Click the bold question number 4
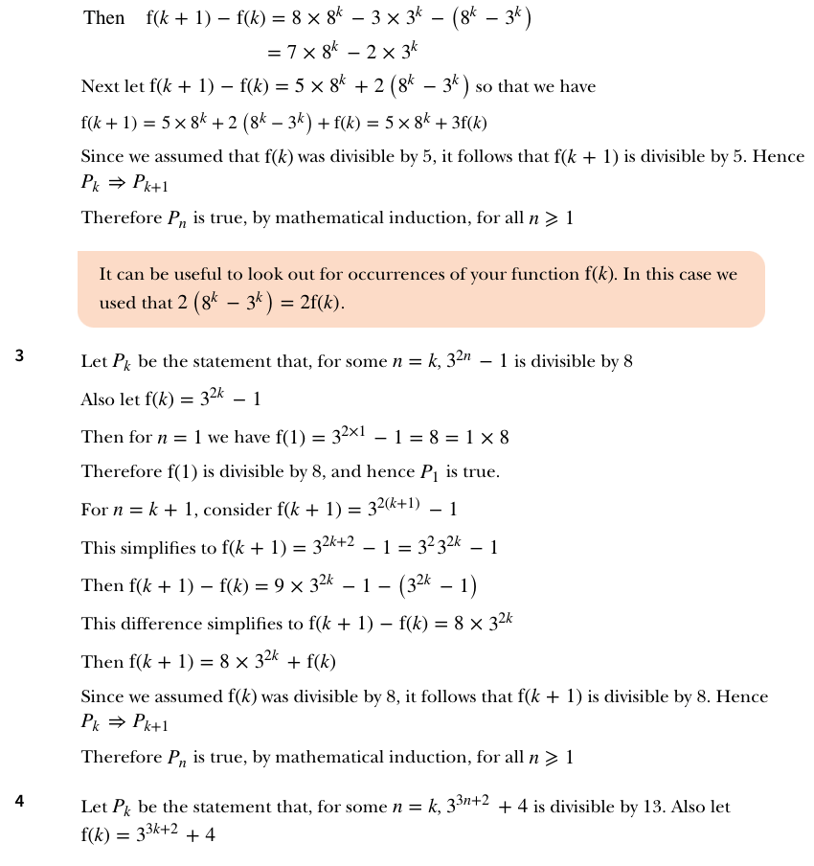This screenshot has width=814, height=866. [x=19, y=802]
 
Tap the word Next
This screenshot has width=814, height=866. [x=101, y=87]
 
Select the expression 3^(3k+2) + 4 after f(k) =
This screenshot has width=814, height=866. [x=174, y=834]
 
